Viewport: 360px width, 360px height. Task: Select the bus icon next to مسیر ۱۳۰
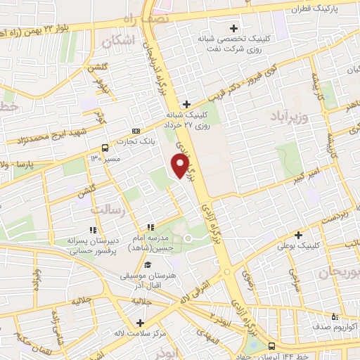pyautogui.click(x=105, y=148)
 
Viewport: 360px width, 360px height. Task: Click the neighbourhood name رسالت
pyautogui.click(x=108, y=208)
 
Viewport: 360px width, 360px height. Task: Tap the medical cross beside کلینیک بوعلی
pyautogui.click(x=298, y=235)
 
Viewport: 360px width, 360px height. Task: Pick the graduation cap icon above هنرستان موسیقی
pyautogui.click(x=148, y=264)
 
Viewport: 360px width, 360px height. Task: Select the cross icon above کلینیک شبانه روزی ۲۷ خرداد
pyautogui.click(x=186, y=104)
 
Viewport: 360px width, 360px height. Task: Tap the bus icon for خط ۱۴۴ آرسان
pyautogui.click(x=272, y=346)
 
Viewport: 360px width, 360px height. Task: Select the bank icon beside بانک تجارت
pyautogui.click(x=136, y=131)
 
